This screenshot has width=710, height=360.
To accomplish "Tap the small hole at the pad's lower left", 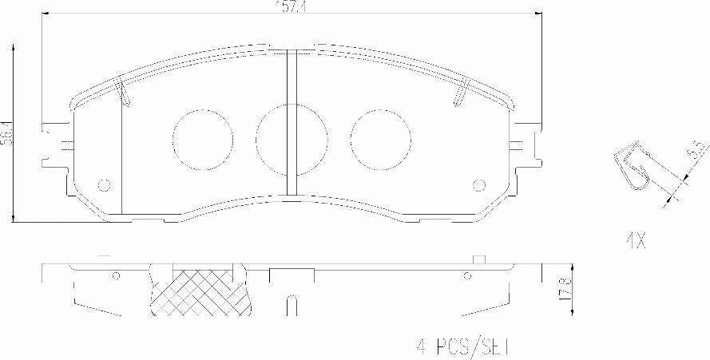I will click(x=103, y=185).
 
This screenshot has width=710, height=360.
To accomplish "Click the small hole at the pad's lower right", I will click(x=479, y=185).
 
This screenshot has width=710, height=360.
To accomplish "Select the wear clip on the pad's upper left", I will click(x=123, y=93).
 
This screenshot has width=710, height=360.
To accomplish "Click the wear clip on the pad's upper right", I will click(x=461, y=93).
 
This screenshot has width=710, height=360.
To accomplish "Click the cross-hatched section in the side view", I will click(x=202, y=291).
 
